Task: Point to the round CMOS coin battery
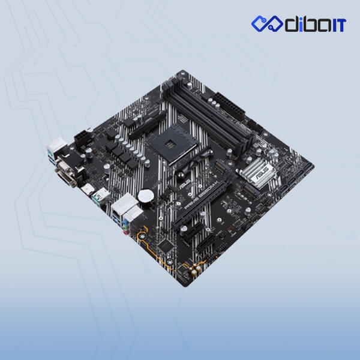coord(146,196)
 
